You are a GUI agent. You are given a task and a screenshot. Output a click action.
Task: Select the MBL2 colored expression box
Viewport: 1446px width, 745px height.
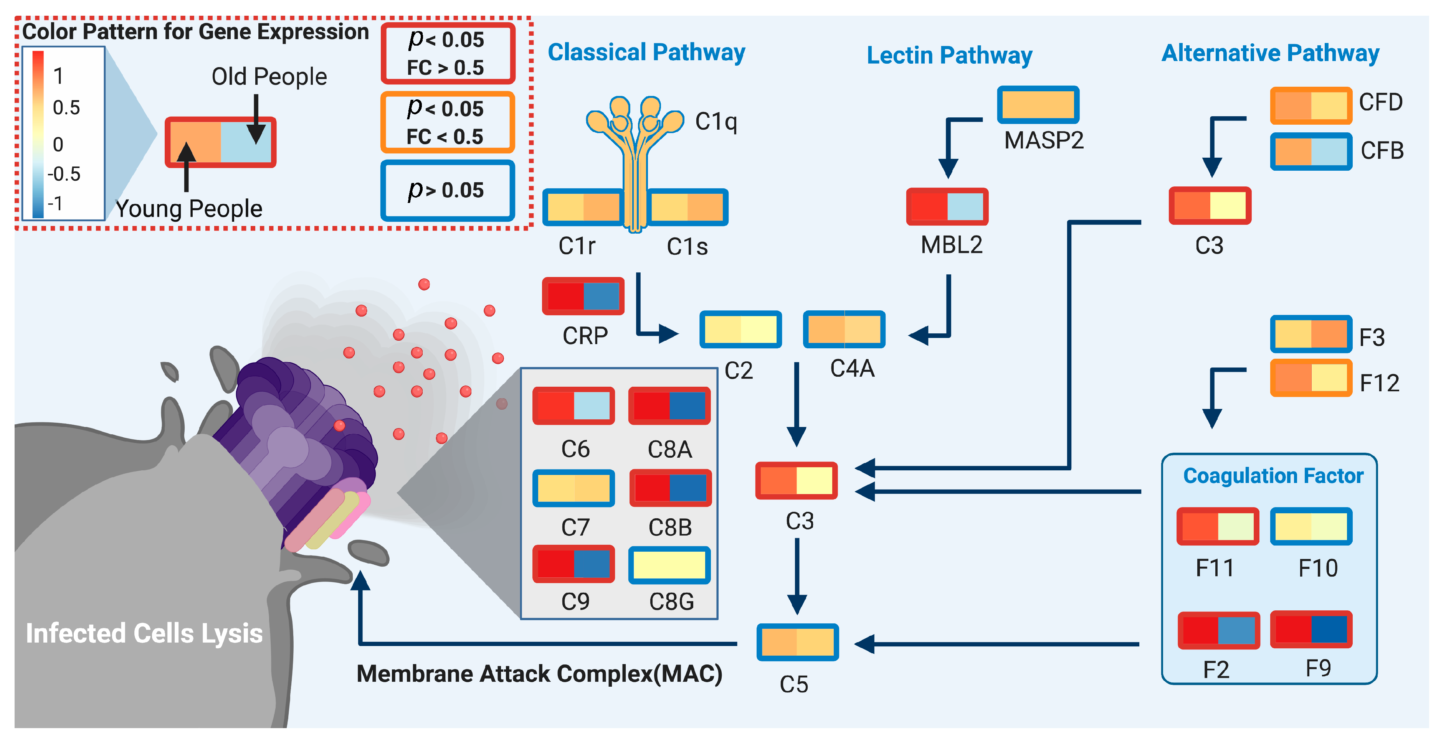pyautogui.click(x=947, y=206)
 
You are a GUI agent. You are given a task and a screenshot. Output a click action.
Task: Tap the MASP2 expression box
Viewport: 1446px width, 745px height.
pyautogui.click(x=1038, y=105)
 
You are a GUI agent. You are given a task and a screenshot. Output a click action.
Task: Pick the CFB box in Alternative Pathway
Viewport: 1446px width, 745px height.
pyautogui.click(x=1311, y=152)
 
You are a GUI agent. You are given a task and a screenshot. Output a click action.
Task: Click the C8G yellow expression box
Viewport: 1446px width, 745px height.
pyautogui.click(x=669, y=565)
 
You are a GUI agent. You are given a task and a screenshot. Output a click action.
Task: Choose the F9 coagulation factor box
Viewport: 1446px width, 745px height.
pyautogui.click(x=1311, y=629)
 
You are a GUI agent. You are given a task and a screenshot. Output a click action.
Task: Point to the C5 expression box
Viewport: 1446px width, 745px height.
pyautogui.click(x=797, y=642)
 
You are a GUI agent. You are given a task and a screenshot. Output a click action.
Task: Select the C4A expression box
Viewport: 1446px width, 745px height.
pyautogui.click(x=844, y=329)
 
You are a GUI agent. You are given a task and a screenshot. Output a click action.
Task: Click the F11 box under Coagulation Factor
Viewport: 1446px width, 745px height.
pyautogui.click(x=1218, y=526)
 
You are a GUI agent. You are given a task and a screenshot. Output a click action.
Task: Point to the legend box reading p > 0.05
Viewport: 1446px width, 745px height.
pyautogui.click(x=447, y=191)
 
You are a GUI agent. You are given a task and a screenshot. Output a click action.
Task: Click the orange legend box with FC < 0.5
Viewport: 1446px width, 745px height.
pyautogui.click(x=447, y=122)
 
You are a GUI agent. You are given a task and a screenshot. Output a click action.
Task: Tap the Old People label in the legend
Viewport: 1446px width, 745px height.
pyautogui.click(x=269, y=76)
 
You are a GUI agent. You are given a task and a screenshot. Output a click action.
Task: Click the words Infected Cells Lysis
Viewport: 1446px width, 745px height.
pyautogui.click(x=144, y=633)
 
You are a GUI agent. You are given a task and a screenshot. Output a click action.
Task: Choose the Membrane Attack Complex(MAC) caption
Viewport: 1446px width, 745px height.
pyautogui.click(x=539, y=673)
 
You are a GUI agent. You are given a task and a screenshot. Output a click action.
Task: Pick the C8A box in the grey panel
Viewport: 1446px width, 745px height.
pyautogui.click(x=669, y=405)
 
